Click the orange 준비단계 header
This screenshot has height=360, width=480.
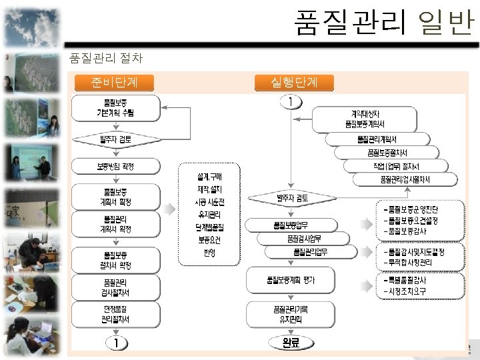(115, 83)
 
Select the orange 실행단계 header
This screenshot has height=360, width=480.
(294, 83)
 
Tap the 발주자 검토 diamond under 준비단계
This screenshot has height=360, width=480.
(115, 140)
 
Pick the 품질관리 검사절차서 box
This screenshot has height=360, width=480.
(115, 288)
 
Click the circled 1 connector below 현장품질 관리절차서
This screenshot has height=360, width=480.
(115, 343)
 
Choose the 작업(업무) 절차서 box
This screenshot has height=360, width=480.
(400, 165)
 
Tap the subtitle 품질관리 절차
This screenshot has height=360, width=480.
(105, 58)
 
